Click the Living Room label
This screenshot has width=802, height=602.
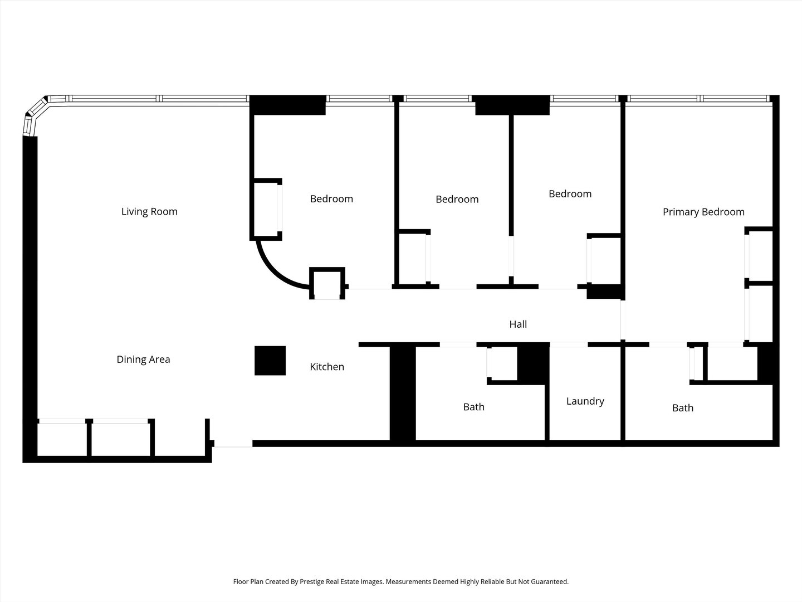149,211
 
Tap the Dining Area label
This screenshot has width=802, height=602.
143,360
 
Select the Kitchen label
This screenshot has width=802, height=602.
327,367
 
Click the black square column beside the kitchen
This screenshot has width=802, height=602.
270,361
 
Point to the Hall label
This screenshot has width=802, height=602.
518,324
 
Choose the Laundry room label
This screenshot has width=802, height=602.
585,401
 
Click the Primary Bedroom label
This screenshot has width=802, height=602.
703,212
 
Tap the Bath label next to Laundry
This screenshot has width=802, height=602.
474,407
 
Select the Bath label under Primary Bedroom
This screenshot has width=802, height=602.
682,408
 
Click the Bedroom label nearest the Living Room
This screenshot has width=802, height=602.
331,199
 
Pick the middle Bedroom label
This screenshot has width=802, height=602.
457,200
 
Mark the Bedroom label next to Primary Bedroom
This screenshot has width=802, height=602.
570,194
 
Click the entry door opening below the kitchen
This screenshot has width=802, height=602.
233,444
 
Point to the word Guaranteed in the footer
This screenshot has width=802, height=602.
550,581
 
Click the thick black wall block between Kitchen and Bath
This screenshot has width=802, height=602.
402,393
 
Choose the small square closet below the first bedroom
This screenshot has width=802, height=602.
327,284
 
